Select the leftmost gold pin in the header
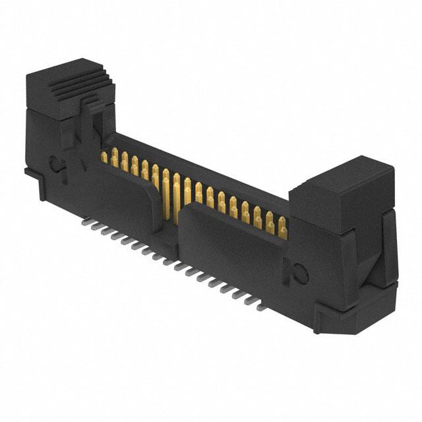coord(104,157)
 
